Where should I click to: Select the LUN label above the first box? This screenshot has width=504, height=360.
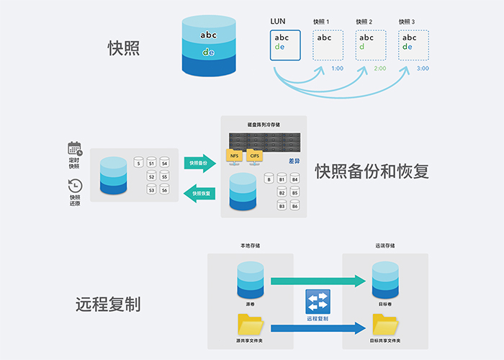(278, 22)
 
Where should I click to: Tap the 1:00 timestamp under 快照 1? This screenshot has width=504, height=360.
(337, 68)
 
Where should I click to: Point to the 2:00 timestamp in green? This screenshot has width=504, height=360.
(380, 68)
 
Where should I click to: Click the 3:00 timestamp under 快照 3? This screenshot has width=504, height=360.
(423, 68)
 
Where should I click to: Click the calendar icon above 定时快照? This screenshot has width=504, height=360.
(75, 149)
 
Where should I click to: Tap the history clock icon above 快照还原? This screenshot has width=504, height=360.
(75, 186)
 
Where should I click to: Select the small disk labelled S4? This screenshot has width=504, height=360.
(164, 163)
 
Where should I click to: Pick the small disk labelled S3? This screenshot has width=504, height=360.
(151, 189)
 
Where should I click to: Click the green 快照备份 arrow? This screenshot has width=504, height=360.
(199, 163)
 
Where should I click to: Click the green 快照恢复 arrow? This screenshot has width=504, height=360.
(199, 192)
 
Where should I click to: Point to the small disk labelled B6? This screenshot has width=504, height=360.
(295, 206)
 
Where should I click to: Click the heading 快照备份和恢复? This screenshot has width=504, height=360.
(372, 171)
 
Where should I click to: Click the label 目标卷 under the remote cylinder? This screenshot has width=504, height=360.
(385, 305)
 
